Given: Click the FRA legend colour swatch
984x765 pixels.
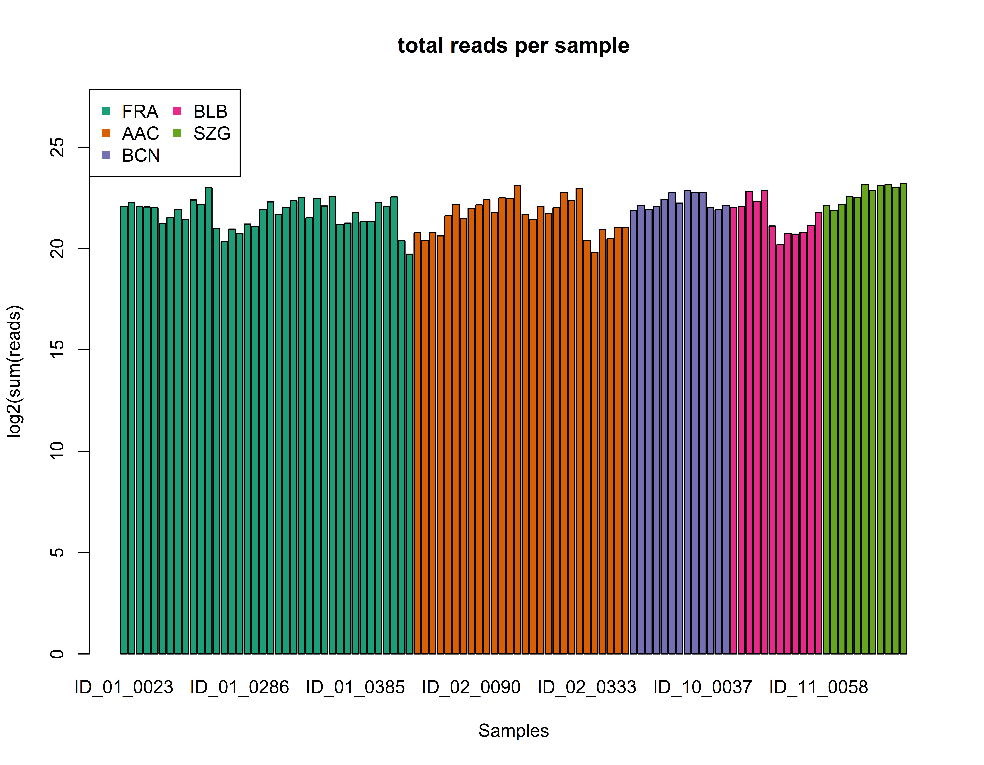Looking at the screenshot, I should (x=106, y=111).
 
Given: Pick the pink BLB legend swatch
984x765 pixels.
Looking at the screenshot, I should (x=177, y=111).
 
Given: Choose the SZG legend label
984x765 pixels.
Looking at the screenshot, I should (x=212, y=133).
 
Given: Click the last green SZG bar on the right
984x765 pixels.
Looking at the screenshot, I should (x=903, y=419).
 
